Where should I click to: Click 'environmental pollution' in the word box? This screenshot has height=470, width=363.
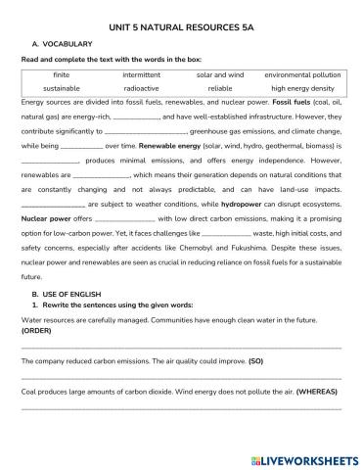(x=302, y=72)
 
